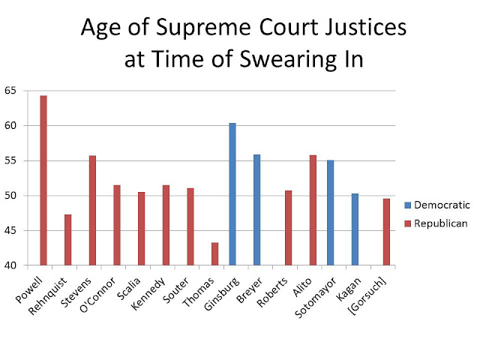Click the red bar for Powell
point(43,181)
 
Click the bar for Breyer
point(256,210)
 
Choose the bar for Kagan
point(354,229)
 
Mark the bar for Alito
point(312,210)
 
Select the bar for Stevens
point(92,211)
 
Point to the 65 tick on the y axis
point(11,90)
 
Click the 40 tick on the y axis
point(11,265)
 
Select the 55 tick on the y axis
point(11,160)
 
